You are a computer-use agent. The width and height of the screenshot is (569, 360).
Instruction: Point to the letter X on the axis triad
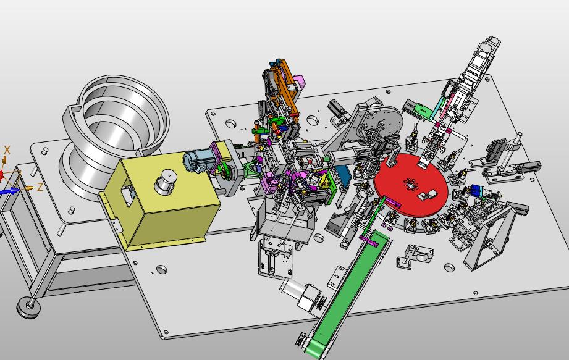[7, 149]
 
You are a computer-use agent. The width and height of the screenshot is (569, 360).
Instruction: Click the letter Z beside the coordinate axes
[40, 187]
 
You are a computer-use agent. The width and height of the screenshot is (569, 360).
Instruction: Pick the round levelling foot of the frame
[28, 308]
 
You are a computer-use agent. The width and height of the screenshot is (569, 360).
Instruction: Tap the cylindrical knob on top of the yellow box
[166, 181]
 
